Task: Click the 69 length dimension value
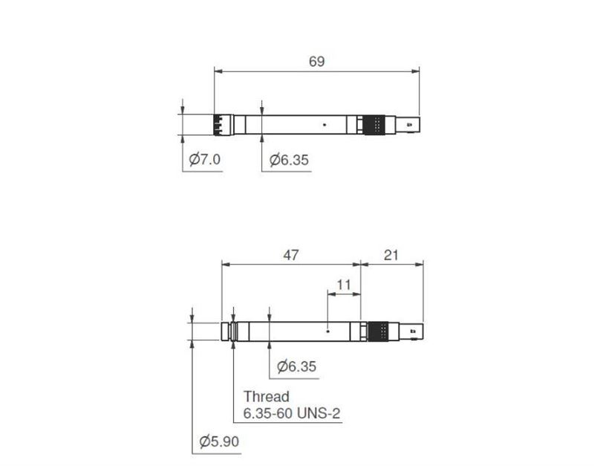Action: pos(317,62)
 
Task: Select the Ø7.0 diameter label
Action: pos(205,159)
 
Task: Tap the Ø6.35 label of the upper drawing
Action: pos(289,160)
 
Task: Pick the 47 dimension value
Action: pos(291,255)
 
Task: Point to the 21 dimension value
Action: pos(391,255)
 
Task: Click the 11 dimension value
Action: pos(344,285)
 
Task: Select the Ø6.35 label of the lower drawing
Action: pos(296,366)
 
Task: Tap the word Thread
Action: pos(267,397)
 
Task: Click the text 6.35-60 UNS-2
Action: pos(292,413)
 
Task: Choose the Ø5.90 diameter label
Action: pos(219,441)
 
